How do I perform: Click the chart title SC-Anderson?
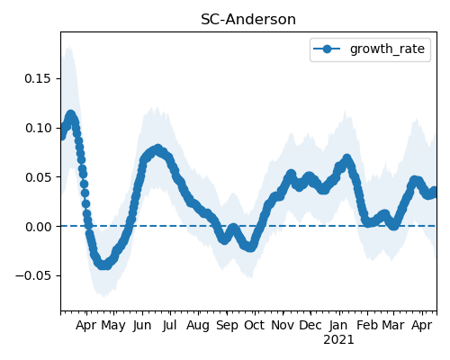[x=248, y=20]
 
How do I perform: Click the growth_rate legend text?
[x=387, y=49]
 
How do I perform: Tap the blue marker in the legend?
[x=327, y=49]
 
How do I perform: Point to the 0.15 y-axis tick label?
[x=38, y=78]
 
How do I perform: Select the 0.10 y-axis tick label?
[x=38, y=128]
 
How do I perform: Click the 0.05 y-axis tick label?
[x=38, y=177]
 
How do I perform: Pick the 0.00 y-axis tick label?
[x=38, y=227]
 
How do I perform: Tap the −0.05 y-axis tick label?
[x=33, y=276]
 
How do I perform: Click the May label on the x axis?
[x=113, y=326]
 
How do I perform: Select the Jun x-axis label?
[x=142, y=326]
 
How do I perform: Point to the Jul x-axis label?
[x=169, y=326]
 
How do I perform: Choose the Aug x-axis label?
[x=198, y=326]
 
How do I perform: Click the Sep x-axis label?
[x=227, y=326]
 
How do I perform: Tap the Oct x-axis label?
[x=255, y=325]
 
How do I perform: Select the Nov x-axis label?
[x=283, y=325]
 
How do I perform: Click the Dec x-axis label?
[x=310, y=325]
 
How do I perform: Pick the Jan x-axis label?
[x=338, y=325]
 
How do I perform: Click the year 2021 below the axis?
[x=338, y=340]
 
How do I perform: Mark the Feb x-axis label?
[x=368, y=325]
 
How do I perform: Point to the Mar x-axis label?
[x=393, y=325]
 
